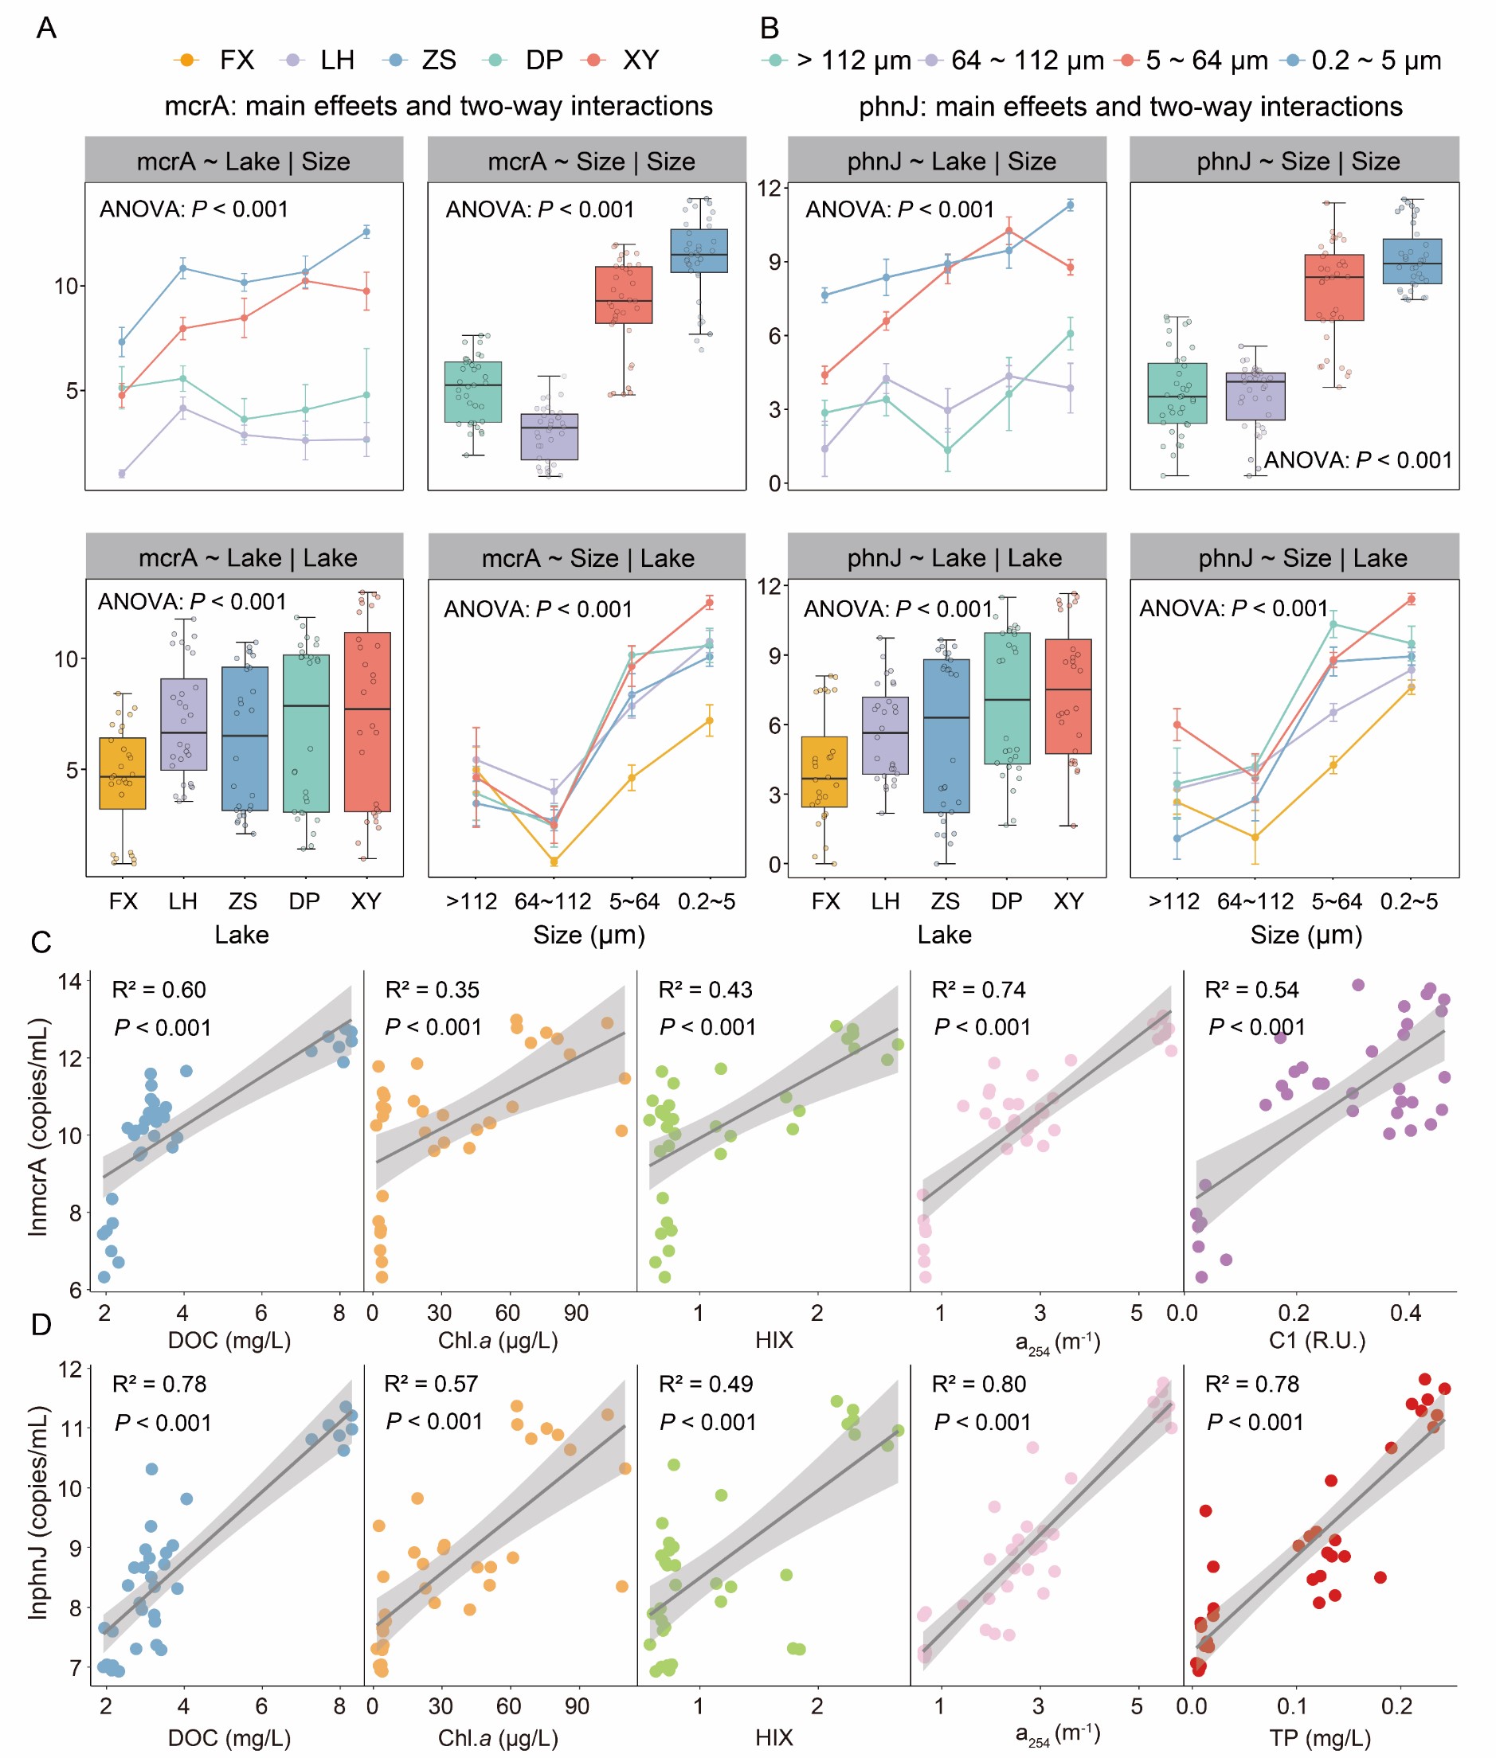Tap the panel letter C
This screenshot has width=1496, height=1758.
coord(41,943)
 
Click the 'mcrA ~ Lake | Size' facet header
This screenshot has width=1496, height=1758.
coord(244,161)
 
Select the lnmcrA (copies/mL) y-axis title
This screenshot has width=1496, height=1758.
coord(37,1127)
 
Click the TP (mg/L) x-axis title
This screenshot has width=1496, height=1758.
coord(1320,1739)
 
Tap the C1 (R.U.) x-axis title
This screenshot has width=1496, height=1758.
coord(1317,1340)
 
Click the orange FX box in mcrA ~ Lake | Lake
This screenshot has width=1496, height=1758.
coord(123,773)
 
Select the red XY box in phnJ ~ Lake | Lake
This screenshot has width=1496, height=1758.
coord(1068,696)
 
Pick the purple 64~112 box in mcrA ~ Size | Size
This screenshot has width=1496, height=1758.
coord(550,436)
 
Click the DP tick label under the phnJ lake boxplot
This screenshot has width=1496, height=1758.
coord(1007,901)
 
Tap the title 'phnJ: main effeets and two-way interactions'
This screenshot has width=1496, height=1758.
coord(1130,107)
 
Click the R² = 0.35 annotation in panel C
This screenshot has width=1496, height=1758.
coord(433,989)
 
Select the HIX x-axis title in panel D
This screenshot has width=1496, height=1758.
coord(774,1739)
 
